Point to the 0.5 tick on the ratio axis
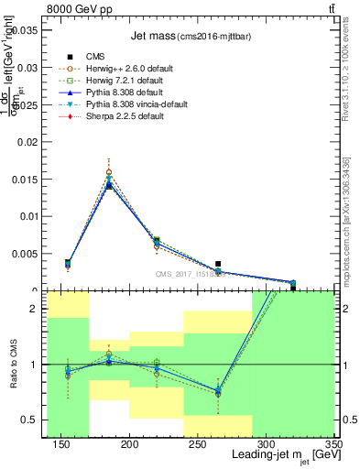(33, 420)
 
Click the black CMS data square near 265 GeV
(243, 264)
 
